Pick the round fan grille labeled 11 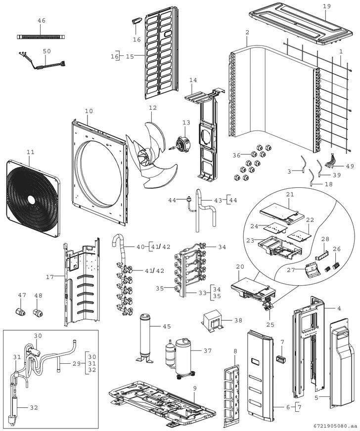tap(33, 198)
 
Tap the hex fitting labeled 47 tap(20, 312)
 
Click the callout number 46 tap(42, 20)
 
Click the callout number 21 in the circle tap(290, 194)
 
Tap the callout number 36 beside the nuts tap(236, 155)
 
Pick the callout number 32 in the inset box tap(34, 407)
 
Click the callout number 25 tap(270, 325)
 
